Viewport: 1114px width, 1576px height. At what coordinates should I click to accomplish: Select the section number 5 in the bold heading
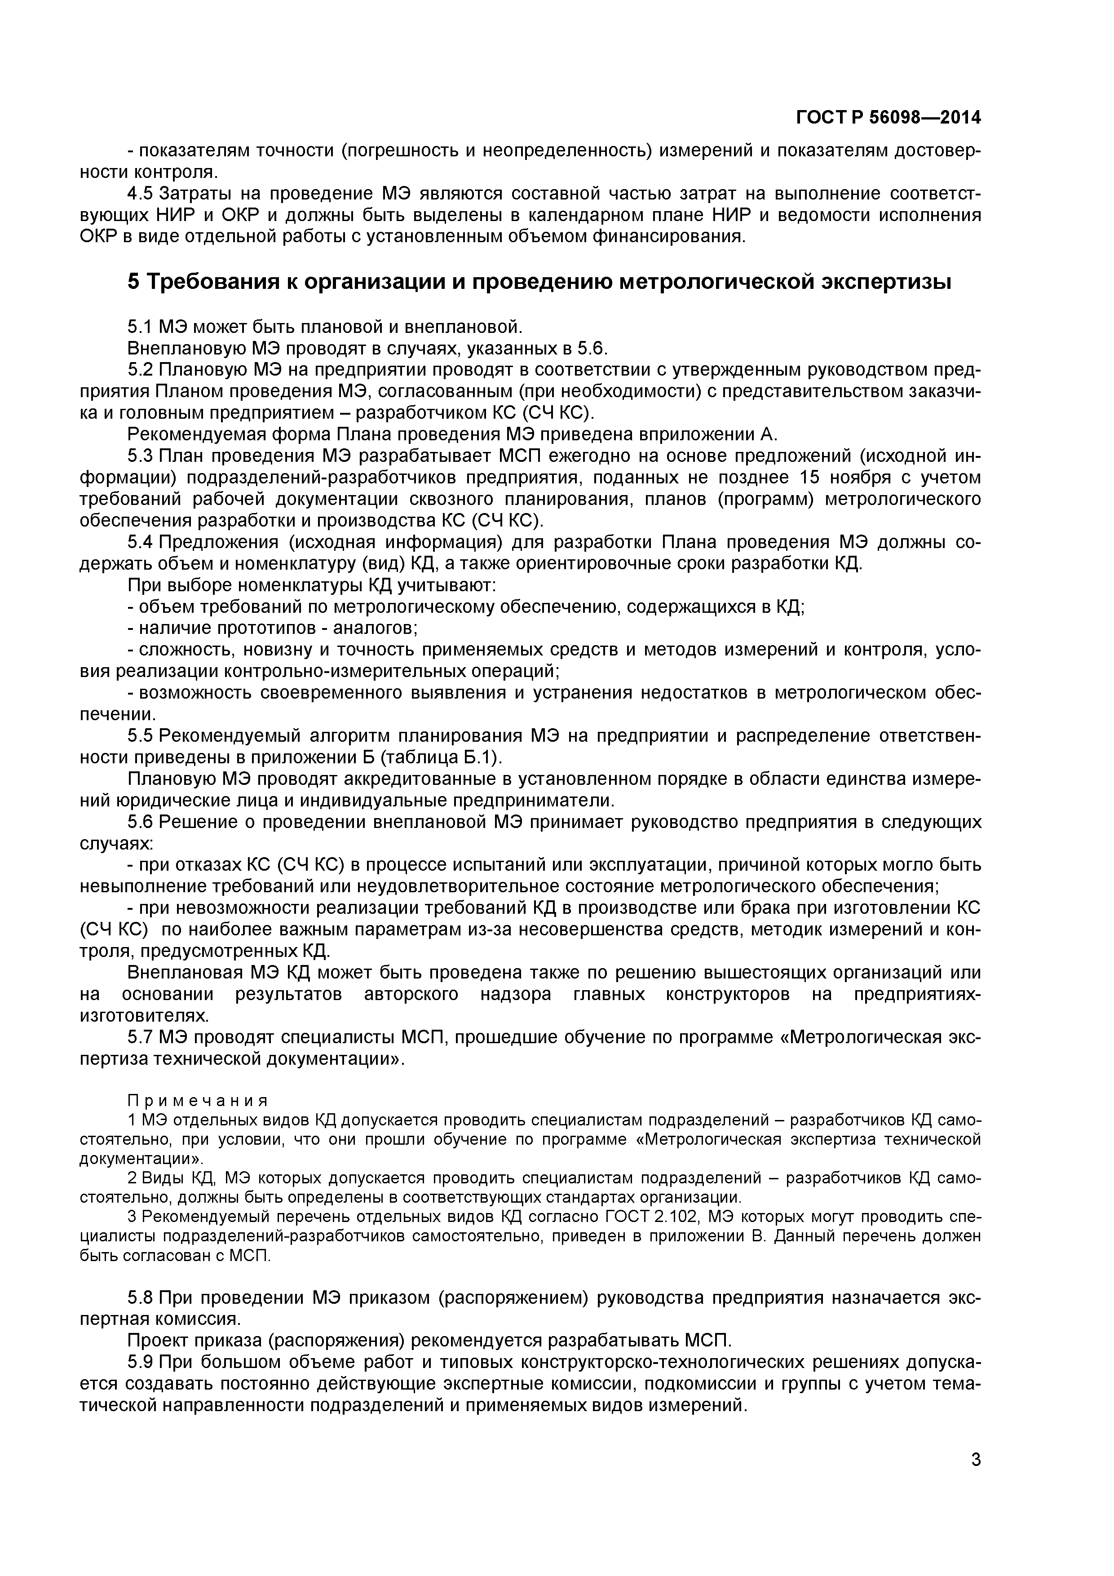click(x=134, y=281)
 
